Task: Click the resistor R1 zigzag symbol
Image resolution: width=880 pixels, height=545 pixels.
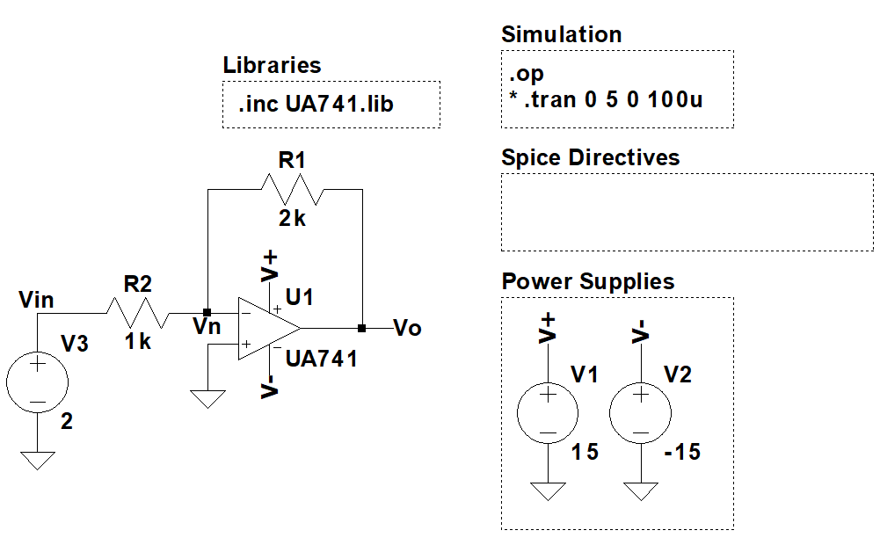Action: pyautogui.click(x=293, y=188)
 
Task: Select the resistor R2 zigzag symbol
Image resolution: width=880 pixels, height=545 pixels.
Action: pyautogui.click(x=138, y=312)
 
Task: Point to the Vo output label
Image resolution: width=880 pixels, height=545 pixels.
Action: pyautogui.click(x=407, y=329)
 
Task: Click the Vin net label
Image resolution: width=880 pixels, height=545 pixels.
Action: pyautogui.click(x=36, y=300)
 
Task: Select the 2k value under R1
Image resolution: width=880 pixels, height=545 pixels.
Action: pyautogui.click(x=292, y=219)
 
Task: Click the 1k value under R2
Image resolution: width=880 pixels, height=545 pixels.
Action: pyautogui.click(x=137, y=342)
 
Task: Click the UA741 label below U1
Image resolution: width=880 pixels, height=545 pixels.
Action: pyautogui.click(x=322, y=359)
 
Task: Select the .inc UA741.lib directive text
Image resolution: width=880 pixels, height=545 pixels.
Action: pyautogui.click(x=316, y=105)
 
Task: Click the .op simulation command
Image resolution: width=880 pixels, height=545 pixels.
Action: pyautogui.click(x=526, y=75)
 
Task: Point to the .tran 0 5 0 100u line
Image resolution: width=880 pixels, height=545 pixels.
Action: pyautogui.click(x=606, y=99)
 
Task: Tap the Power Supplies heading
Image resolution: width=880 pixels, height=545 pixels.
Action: pyautogui.click(x=587, y=281)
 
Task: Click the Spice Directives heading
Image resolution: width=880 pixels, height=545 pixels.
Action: pyautogui.click(x=590, y=157)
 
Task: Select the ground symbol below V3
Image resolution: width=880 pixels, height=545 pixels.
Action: pyautogui.click(x=38, y=460)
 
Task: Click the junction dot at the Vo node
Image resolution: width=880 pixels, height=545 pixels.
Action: pyautogui.click(x=362, y=329)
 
